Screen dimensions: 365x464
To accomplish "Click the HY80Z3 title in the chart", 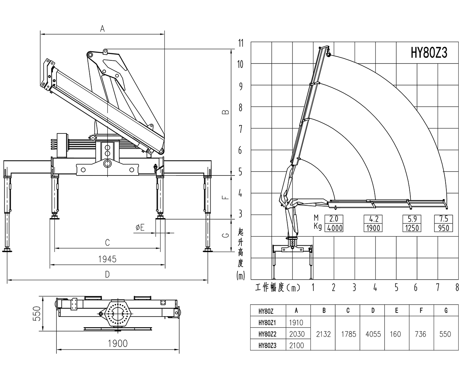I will point(429,53).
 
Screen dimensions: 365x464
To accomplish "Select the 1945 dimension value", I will point(107,259).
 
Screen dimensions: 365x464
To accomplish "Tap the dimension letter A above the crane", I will point(102,29).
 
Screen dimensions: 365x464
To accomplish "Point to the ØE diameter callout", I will point(140,228).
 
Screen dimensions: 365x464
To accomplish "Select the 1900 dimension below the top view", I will point(118,343).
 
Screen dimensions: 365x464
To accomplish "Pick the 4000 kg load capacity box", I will point(335,228).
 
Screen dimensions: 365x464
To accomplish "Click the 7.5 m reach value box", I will point(444,219).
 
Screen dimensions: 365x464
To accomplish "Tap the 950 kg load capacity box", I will point(444,228).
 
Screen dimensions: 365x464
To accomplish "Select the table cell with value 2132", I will point(323,334).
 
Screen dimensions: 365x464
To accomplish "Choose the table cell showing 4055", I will point(373,334).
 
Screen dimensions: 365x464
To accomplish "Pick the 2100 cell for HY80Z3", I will point(296,345).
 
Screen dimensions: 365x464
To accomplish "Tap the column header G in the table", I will point(446,311).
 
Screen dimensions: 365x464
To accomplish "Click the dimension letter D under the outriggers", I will point(107,274).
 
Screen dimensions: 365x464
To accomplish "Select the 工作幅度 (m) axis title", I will point(277,288).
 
